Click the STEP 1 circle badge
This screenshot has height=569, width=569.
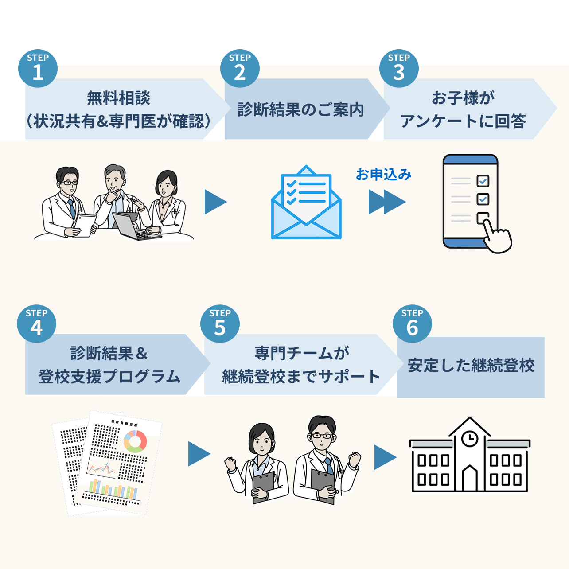tap(38, 68)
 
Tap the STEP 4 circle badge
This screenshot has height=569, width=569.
tap(36, 323)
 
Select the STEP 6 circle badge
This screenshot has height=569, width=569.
tap(412, 323)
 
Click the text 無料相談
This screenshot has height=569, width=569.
tap(118, 97)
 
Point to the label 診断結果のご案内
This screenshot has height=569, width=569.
tap(300, 109)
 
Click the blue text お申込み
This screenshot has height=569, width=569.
tap(383, 175)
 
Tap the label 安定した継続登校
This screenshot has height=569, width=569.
tap(471, 366)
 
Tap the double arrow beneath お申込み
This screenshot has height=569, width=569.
tap(386, 202)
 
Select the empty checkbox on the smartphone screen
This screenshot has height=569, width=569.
tap(482, 218)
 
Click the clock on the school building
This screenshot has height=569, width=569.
tap(469, 439)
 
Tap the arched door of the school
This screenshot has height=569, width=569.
tap(469, 479)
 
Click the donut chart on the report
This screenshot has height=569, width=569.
tap(135, 441)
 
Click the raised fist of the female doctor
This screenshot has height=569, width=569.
tap(230, 464)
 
